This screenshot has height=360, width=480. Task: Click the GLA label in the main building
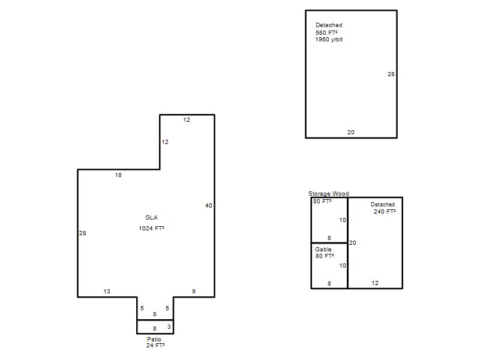coord(151,218)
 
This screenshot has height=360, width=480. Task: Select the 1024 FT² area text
coord(151,229)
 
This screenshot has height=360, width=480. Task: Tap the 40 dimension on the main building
coord(208,206)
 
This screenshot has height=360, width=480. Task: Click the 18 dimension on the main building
coord(118,175)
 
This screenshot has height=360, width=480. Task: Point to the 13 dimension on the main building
coord(107,292)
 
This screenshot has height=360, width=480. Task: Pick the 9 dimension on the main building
coord(193,292)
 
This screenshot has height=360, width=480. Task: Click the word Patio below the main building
coord(154,339)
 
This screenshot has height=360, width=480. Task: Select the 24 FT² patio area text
coord(155,346)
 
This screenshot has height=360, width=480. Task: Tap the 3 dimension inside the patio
coord(169,327)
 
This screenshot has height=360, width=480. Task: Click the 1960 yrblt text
coord(329,40)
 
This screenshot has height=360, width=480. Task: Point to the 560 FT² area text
coord(326,33)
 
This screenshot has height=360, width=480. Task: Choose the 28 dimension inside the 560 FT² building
coord(391,74)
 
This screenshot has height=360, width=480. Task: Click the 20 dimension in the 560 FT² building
coord(351,132)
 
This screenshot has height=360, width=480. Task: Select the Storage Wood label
coord(328,193)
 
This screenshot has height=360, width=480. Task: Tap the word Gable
coord(323,249)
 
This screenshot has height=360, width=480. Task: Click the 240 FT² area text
coord(385,212)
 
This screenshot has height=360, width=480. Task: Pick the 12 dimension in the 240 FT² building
coord(375,283)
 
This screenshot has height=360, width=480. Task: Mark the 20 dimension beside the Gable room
coord(353,243)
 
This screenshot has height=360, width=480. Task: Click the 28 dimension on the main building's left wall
coord(83,233)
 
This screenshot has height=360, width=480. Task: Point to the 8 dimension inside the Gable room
coord(329,283)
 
